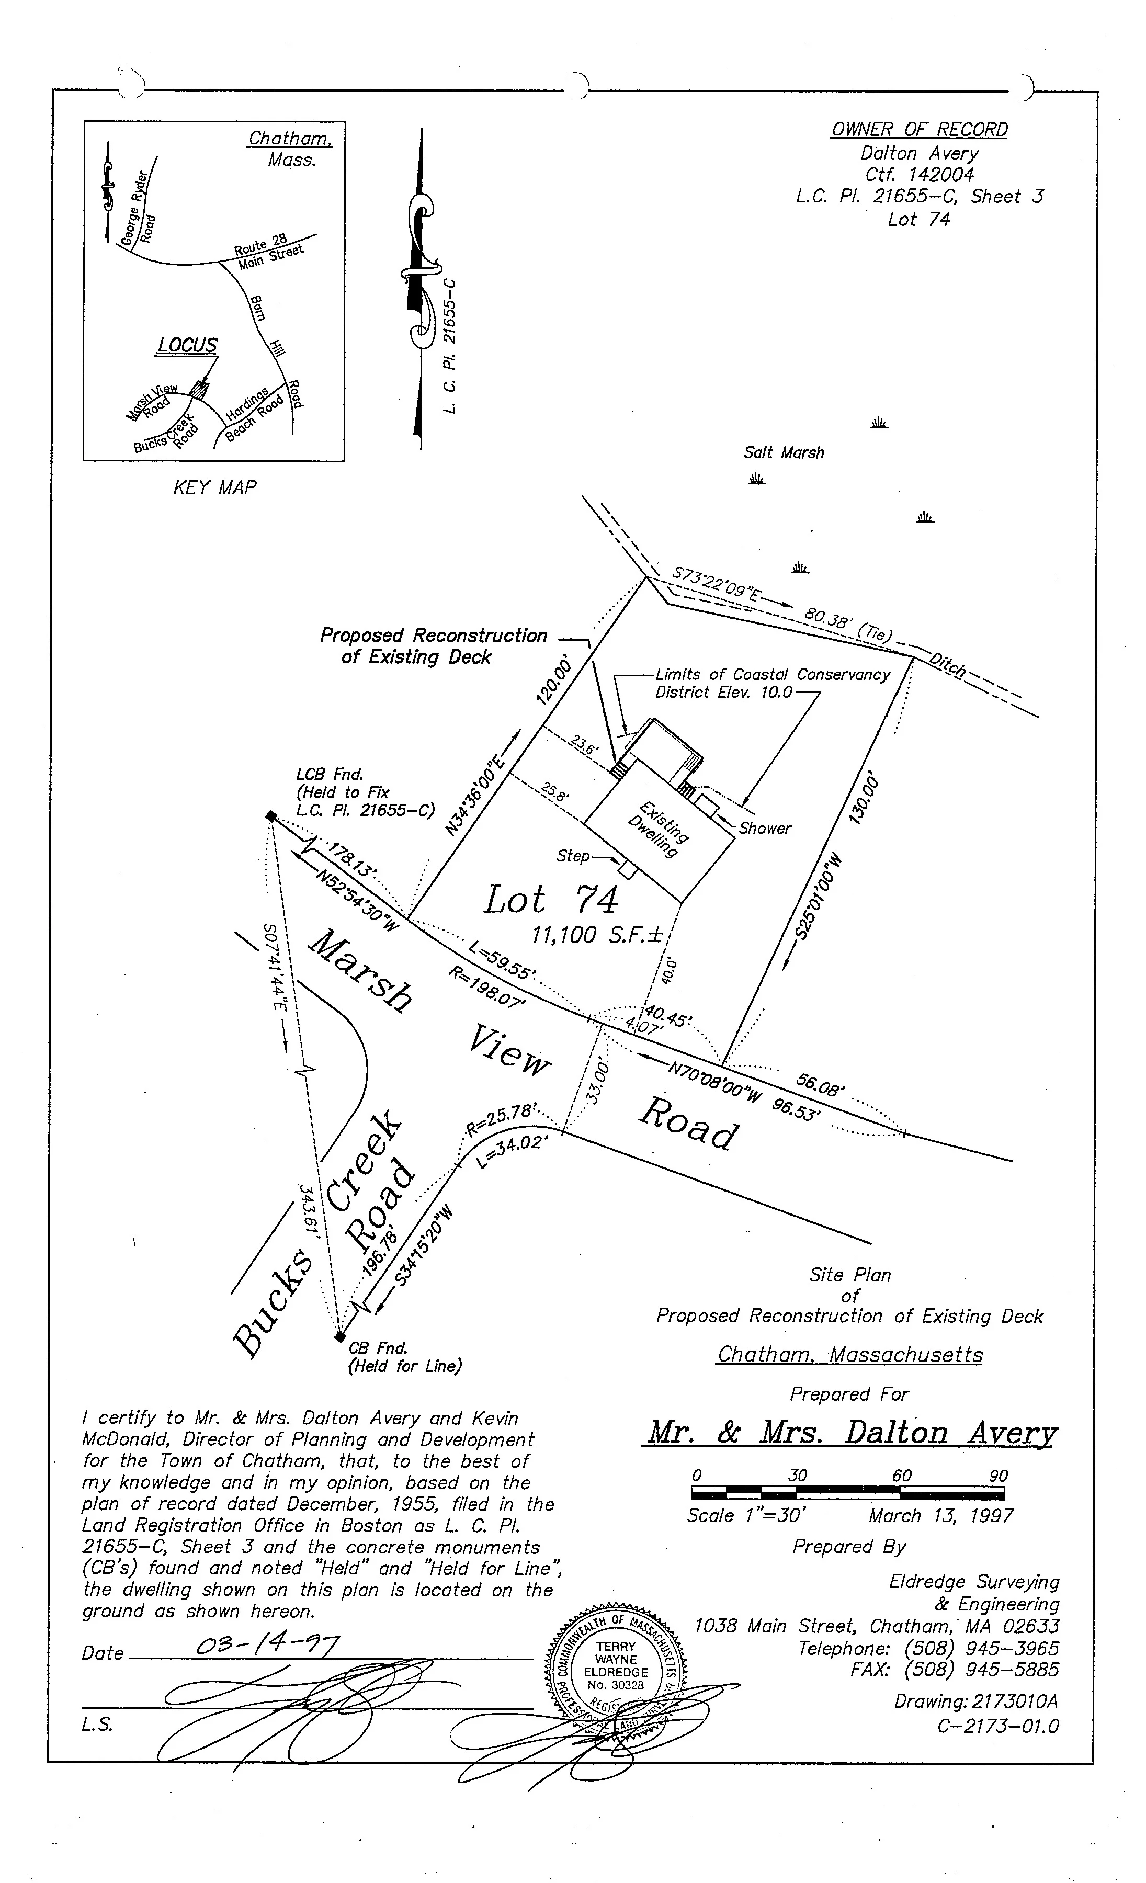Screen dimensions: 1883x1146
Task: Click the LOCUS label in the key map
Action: (187, 345)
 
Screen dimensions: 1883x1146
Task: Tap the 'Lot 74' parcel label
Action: (550, 900)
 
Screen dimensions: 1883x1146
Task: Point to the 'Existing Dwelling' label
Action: (658, 829)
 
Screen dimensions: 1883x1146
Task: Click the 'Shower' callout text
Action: (765, 829)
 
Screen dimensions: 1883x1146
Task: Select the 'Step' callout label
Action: (573, 855)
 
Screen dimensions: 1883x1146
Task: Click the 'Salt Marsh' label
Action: (784, 452)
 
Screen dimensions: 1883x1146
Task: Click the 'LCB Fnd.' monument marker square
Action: (270, 816)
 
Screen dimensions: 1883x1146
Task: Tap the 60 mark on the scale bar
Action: (902, 1476)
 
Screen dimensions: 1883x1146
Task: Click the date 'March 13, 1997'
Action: (940, 1515)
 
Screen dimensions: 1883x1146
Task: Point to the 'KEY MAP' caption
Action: (214, 487)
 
